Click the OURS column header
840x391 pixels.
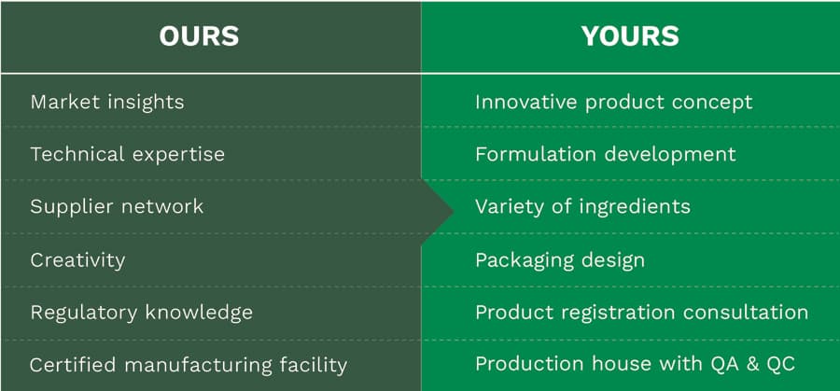(199, 36)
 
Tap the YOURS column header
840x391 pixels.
(630, 36)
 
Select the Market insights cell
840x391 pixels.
(107, 102)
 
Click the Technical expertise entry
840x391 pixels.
(128, 154)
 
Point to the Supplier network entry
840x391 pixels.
(117, 207)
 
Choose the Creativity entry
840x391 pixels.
(77, 260)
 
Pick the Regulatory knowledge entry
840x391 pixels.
(142, 313)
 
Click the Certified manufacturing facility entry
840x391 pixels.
(189, 365)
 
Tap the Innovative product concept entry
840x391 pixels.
(614, 102)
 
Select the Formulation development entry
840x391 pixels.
(606, 154)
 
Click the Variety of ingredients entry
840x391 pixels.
(582, 207)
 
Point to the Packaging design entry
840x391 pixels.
(560, 260)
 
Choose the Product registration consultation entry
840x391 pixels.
(642, 313)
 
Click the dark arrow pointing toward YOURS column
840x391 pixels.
(437, 212)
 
